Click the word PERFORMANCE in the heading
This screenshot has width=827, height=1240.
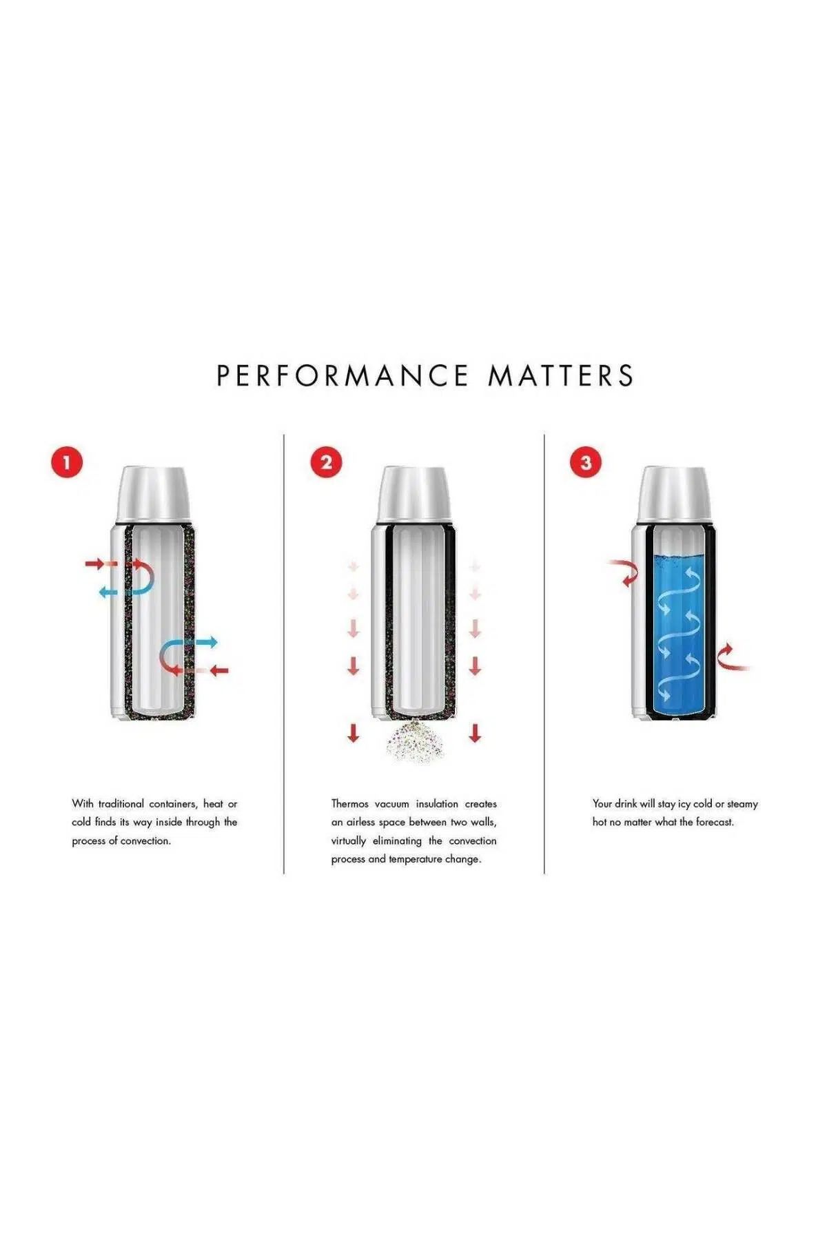coord(343,376)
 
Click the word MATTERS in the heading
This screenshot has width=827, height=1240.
coord(561,376)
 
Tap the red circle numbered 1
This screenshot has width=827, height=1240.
coord(67,462)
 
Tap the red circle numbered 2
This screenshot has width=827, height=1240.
coord(326,462)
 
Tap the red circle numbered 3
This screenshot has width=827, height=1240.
coord(586,462)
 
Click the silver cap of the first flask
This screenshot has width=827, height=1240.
coord(153,495)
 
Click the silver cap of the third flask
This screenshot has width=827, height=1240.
coord(673,495)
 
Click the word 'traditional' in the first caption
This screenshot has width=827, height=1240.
coord(121,804)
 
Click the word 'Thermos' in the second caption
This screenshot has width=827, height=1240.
coord(349,804)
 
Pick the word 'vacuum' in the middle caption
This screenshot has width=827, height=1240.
coord(391,804)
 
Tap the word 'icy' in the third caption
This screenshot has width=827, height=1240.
coord(684,805)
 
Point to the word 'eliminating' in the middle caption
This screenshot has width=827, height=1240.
coord(397,841)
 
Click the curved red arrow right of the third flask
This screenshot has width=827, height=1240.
coord(731,658)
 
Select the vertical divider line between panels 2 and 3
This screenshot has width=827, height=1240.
coord(544,654)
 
